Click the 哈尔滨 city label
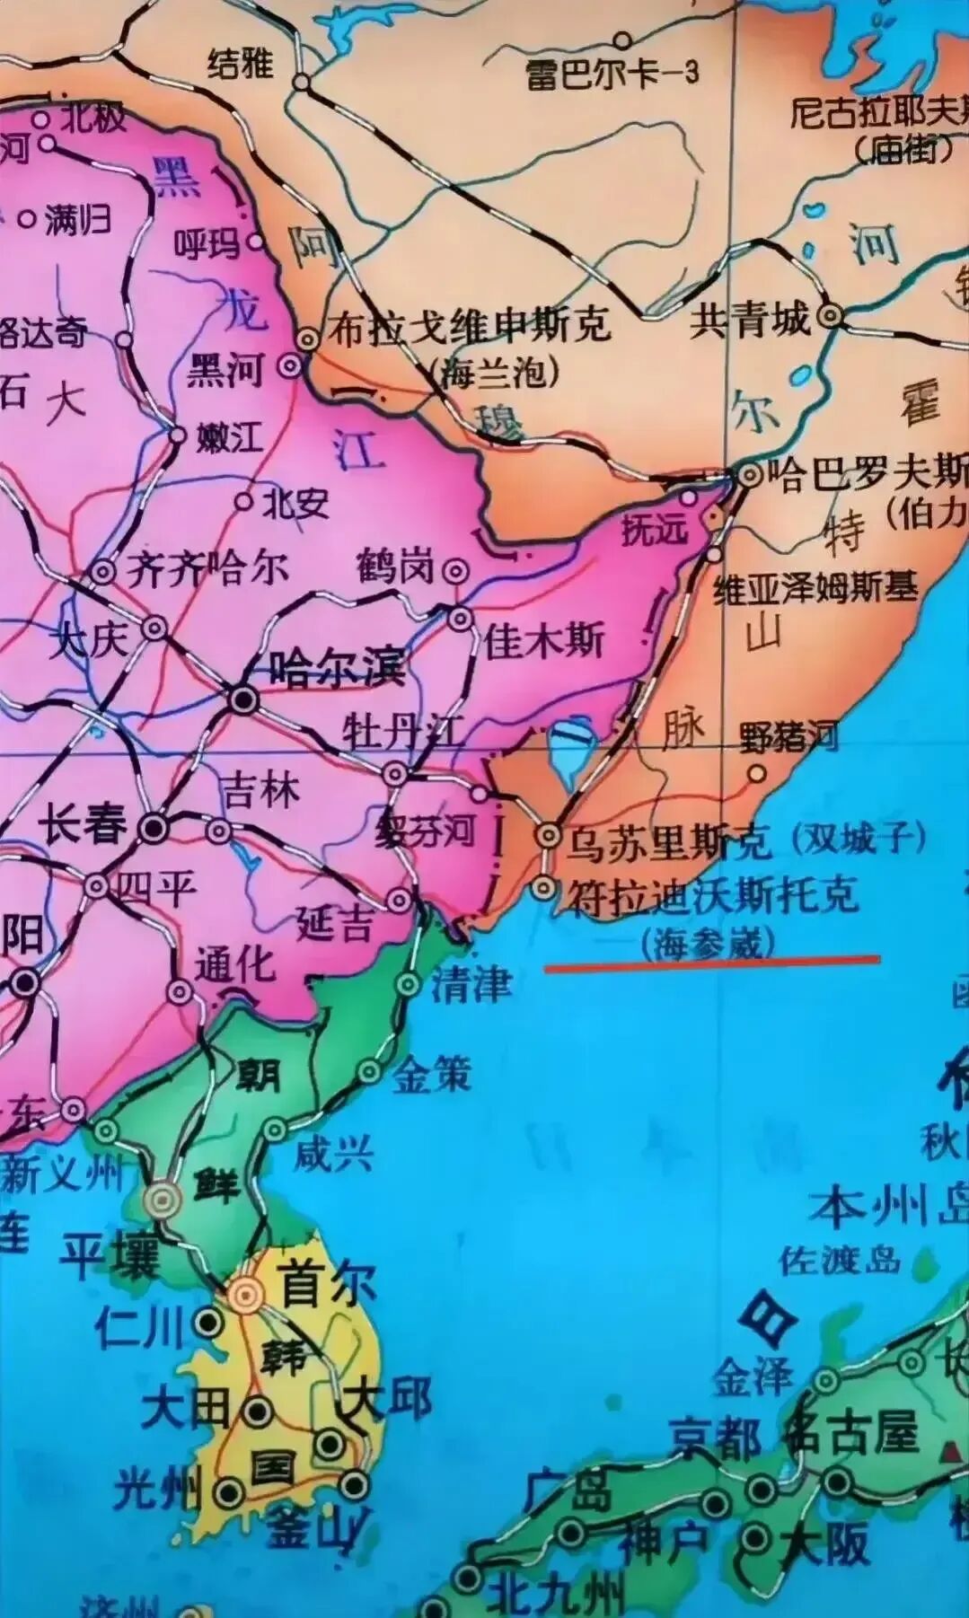[337, 668]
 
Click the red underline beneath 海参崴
[712, 963]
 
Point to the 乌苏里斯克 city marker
[547, 835]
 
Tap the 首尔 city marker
[243, 1294]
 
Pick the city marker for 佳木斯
[461, 619]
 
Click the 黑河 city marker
[290, 365]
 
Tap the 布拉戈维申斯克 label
[470, 325]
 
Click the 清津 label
[471, 985]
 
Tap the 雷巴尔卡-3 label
[612, 74]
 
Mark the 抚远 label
[653, 530]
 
